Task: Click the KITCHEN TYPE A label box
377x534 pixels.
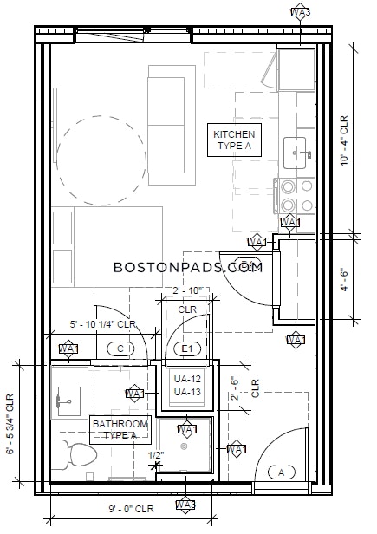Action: point(234,140)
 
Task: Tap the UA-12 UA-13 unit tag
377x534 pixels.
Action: point(182,386)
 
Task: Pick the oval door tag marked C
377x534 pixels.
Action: point(120,348)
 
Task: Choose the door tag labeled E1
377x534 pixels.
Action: point(186,348)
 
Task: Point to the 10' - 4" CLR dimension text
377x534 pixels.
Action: point(344,140)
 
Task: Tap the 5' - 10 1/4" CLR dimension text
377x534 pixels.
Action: point(103,324)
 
